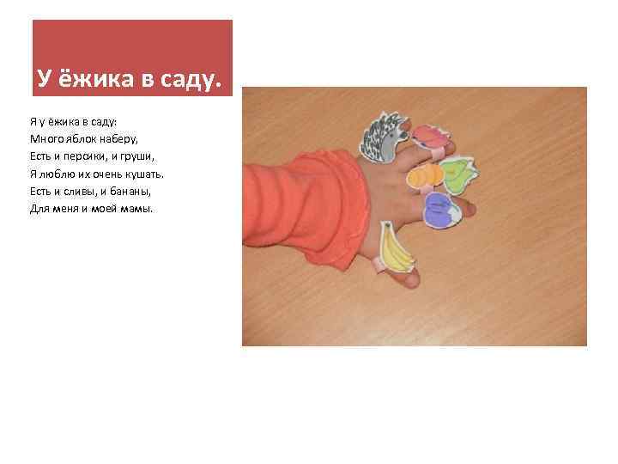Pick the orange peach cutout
(x=422, y=175)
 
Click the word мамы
(x=136, y=209)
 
